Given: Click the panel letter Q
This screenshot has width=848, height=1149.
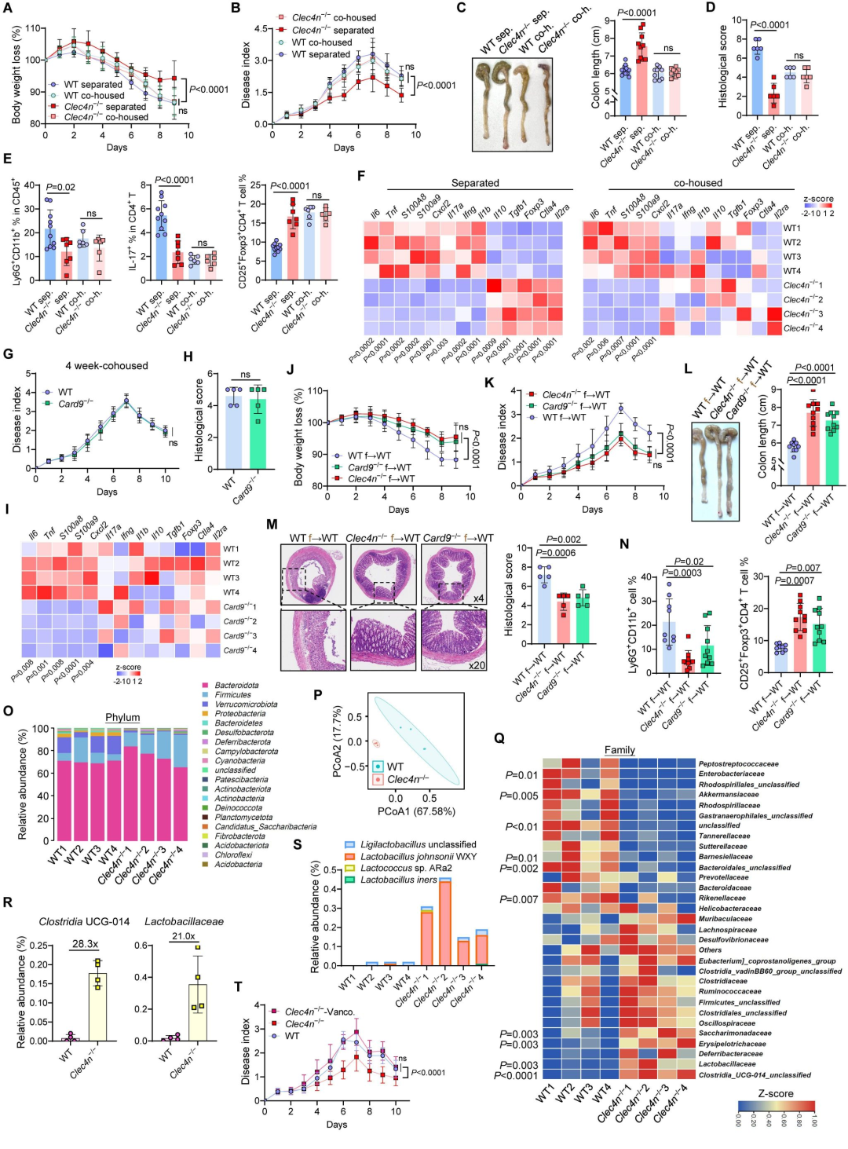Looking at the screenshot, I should tap(499, 738).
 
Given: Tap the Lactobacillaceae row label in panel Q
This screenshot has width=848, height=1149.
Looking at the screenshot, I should tap(727, 1064).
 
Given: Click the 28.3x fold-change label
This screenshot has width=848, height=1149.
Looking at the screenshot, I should tap(85, 944).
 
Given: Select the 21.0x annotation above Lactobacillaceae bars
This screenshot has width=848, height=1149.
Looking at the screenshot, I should tap(184, 936).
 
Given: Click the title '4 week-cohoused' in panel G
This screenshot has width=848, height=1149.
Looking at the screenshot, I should tap(106, 366).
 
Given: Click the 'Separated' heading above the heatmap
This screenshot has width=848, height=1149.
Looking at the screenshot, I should tap(475, 183).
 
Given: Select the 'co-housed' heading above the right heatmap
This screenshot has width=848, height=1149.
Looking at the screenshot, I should tap(697, 183).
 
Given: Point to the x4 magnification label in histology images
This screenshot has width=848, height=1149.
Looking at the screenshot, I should tap(478, 598).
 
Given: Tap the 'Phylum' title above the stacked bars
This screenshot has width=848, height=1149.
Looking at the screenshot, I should tap(122, 717).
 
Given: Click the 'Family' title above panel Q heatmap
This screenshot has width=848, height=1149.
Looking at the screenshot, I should tap(619, 750).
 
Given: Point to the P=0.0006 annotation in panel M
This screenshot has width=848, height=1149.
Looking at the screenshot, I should tap(556, 553).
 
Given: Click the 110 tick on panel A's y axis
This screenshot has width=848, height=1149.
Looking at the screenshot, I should tap(34, 28).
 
